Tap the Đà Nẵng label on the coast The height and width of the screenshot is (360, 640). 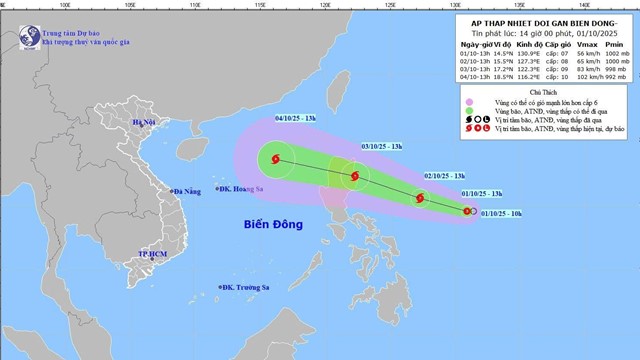point(187,191)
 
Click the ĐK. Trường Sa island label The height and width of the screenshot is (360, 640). point(246,288)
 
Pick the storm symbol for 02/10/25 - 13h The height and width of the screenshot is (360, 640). point(419,198)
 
